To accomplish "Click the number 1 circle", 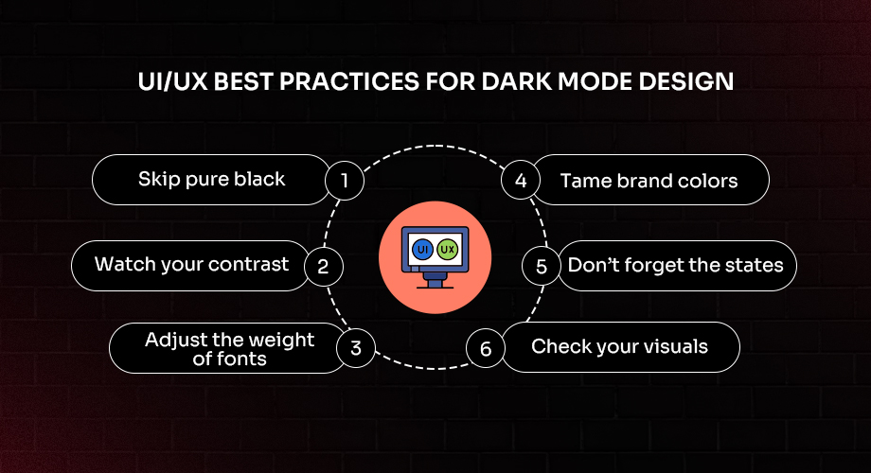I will (x=346, y=181).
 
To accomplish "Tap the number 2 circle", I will (x=323, y=266).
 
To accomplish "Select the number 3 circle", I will (x=356, y=348).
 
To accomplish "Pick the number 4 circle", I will (x=521, y=181).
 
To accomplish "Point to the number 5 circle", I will (x=542, y=266).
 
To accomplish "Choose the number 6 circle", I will (x=486, y=349).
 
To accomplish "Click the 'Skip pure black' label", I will (x=211, y=180).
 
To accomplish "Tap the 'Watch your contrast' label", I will (x=191, y=264).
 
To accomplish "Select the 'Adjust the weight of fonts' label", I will (x=230, y=348).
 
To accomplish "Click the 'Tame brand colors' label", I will (x=649, y=181).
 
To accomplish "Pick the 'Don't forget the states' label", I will (x=675, y=265).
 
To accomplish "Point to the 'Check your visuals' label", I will (x=619, y=347).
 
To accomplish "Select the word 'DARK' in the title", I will (x=524, y=82).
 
